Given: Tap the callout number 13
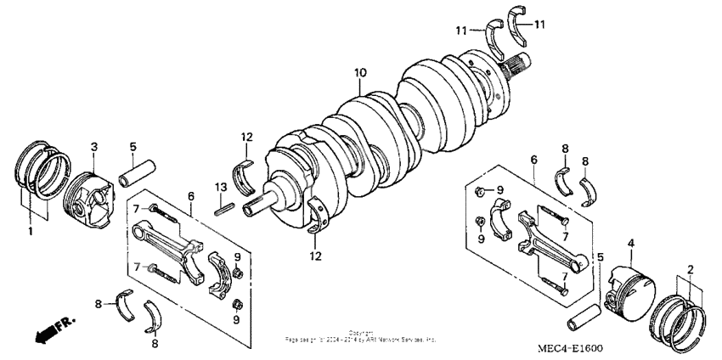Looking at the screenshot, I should (x=219, y=186).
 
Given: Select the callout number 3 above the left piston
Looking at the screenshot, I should (x=94, y=146).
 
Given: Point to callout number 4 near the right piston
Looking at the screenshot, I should (x=629, y=244).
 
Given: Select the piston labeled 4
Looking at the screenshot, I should (x=629, y=288).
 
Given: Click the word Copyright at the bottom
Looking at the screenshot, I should (x=360, y=333).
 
